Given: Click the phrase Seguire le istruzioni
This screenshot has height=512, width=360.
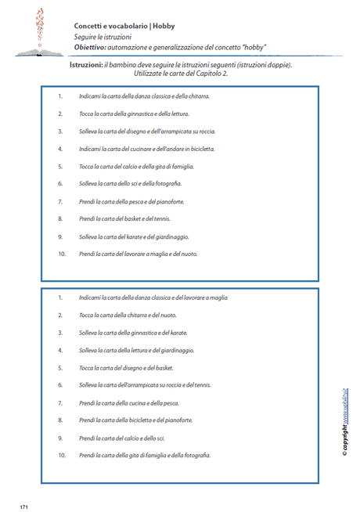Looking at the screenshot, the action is click(x=103, y=36).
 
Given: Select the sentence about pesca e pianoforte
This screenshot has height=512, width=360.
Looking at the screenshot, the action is click(x=121, y=201).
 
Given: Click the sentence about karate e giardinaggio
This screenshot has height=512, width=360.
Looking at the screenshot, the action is click(x=134, y=236).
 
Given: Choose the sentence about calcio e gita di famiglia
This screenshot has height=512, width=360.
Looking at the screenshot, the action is click(x=136, y=166).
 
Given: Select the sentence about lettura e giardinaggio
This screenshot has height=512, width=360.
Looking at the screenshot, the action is click(x=136, y=351).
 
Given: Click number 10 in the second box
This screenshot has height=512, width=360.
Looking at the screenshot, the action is click(x=62, y=456).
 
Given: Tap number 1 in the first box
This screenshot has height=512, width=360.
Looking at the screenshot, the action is click(x=60, y=96).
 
